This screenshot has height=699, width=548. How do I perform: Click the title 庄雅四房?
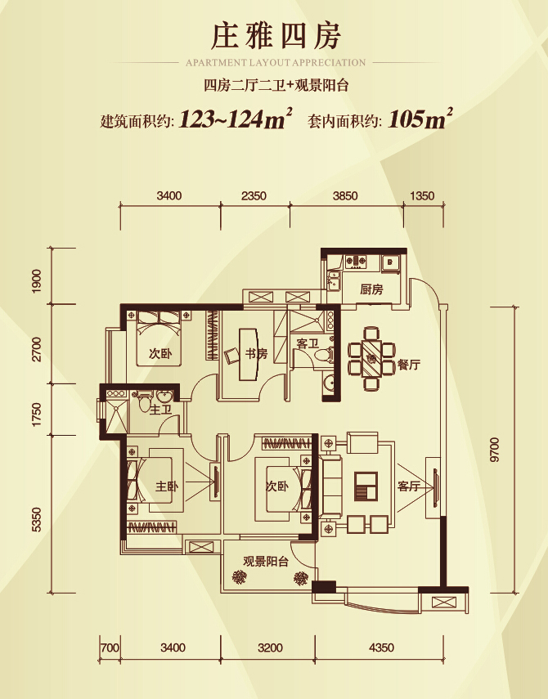[x=276, y=36]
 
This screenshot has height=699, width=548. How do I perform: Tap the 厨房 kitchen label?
[x=371, y=289]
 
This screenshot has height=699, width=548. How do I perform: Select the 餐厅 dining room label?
[x=408, y=365]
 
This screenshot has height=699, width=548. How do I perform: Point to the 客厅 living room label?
[x=408, y=486]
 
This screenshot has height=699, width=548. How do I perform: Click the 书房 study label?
[x=256, y=354]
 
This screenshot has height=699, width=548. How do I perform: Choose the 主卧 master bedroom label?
[x=167, y=486]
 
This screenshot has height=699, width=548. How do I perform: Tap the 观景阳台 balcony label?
[x=266, y=562]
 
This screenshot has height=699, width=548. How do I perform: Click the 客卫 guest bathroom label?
[x=308, y=343]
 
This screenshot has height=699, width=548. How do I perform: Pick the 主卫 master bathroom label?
[x=160, y=410]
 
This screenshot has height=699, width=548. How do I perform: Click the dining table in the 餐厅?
[x=371, y=359]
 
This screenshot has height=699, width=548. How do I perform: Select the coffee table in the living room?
[x=366, y=486]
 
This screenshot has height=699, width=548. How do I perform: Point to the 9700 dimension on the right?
[x=495, y=450]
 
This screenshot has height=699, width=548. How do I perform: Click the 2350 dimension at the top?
[x=254, y=195]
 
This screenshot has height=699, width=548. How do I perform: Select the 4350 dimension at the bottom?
[x=382, y=647]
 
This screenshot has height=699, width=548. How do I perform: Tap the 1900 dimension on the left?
[x=37, y=281]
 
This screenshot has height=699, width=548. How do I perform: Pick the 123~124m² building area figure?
[x=236, y=119]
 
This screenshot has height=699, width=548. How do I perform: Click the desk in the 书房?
[x=249, y=355]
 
